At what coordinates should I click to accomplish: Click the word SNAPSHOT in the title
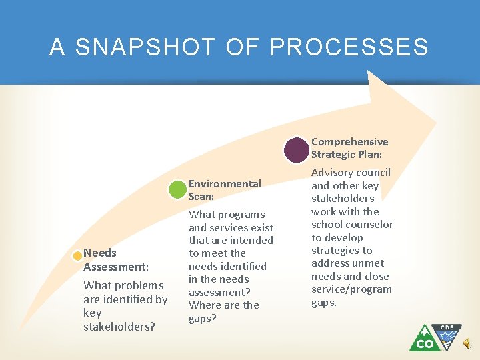(x=145, y=47)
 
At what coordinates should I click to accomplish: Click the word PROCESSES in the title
(x=349, y=47)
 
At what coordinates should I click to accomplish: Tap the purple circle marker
(x=296, y=149)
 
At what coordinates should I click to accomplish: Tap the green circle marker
(x=177, y=189)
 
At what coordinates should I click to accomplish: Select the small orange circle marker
(x=78, y=255)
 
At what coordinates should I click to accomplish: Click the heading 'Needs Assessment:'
(x=115, y=260)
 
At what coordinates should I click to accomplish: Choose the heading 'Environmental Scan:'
(x=225, y=190)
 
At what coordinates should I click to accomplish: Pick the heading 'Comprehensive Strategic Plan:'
(x=349, y=148)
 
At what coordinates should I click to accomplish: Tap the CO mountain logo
(x=424, y=338)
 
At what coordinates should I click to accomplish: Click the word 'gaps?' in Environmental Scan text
(x=203, y=318)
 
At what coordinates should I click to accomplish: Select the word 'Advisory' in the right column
(x=332, y=172)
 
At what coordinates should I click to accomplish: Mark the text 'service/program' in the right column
(x=351, y=289)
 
